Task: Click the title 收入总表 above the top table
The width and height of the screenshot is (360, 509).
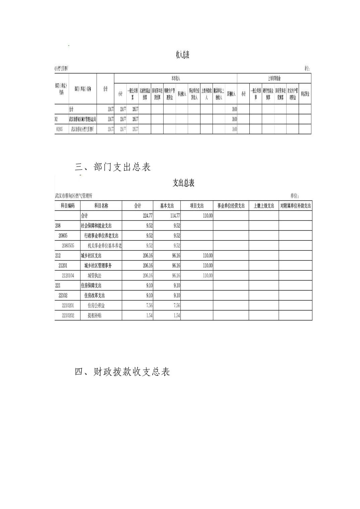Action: [x=183, y=55]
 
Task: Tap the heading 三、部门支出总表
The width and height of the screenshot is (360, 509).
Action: [x=113, y=167]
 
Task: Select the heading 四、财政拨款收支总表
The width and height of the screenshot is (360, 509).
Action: [x=122, y=372]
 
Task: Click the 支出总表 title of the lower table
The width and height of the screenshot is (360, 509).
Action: [x=183, y=183]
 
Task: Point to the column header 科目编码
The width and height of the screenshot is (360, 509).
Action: [x=68, y=206]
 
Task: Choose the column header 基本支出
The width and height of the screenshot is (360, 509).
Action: [x=167, y=206]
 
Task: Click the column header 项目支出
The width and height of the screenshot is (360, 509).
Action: [x=197, y=206]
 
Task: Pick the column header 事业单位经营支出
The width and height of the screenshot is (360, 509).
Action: [x=231, y=206]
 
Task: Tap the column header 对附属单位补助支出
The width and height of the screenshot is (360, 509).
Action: [x=295, y=206]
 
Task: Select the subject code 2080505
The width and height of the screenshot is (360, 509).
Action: [x=68, y=245]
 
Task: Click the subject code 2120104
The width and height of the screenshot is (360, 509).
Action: [x=68, y=276]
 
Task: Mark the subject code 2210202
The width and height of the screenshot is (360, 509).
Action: [x=68, y=315]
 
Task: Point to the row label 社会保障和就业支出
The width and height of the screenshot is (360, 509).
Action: [x=96, y=226]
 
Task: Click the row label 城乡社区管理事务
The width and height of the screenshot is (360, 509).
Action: [x=98, y=266]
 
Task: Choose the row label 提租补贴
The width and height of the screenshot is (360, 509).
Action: [x=95, y=315]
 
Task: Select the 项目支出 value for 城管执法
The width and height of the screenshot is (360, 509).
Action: [x=207, y=276]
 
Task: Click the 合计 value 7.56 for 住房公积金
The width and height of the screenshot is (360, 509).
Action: [x=149, y=305]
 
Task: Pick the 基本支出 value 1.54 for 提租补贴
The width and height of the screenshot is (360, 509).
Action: [x=177, y=315]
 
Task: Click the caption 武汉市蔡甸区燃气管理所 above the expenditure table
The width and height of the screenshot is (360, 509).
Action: [x=73, y=196]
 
